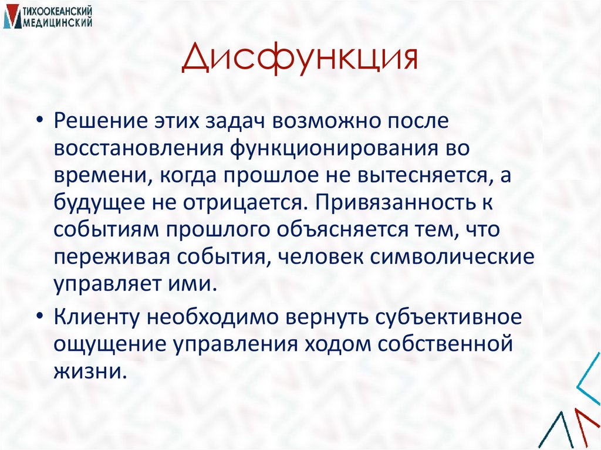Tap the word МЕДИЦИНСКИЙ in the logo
pos(58,22)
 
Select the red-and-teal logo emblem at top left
pos(11,17)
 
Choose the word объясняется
pos(320,229)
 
